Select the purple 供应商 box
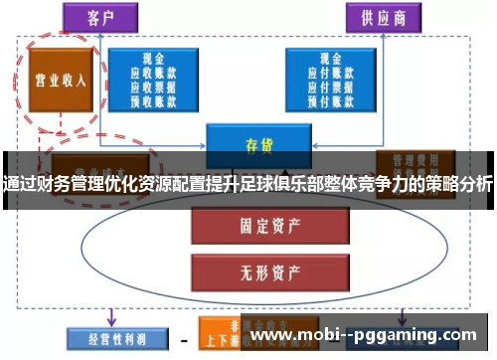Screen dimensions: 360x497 [x=381, y=17]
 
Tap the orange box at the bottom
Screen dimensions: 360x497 [x=225, y=336]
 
